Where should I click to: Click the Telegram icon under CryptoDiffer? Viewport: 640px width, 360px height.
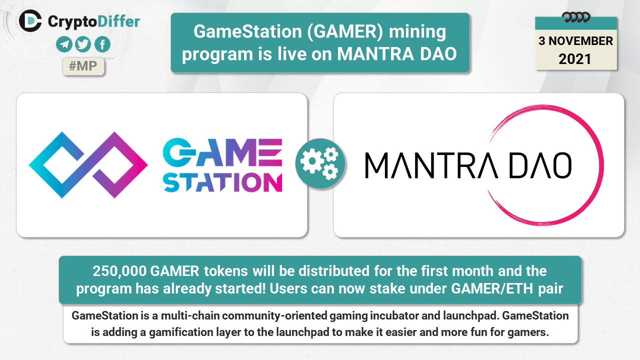coord(64,44)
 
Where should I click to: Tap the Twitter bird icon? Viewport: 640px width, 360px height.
coord(83,44)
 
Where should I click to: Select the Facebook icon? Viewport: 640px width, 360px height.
coord(102,44)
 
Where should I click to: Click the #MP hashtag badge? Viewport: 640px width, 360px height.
coord(83,66)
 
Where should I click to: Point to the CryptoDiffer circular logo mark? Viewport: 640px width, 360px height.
coord(30,21)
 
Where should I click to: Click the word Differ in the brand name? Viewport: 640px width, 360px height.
coord(118,21)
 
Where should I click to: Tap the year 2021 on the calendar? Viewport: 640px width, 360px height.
coord(575,59)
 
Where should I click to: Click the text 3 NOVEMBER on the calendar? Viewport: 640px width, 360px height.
coord(575,41)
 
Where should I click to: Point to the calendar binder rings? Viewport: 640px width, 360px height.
coord(576,17)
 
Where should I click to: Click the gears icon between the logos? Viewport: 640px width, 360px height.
coord(320,163)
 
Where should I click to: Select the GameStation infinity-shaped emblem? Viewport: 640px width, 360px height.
coord(88,165)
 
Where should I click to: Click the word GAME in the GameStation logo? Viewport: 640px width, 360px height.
coord(222,152)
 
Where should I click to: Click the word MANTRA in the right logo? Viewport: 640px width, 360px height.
coord(431,165)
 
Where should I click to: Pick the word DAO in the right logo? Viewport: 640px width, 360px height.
coord(540,165)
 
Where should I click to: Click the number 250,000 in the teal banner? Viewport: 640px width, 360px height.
coord(119,271)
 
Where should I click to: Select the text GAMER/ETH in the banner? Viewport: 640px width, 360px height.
coord(492,288)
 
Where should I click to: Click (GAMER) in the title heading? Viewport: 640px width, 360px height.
coord(345,31)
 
